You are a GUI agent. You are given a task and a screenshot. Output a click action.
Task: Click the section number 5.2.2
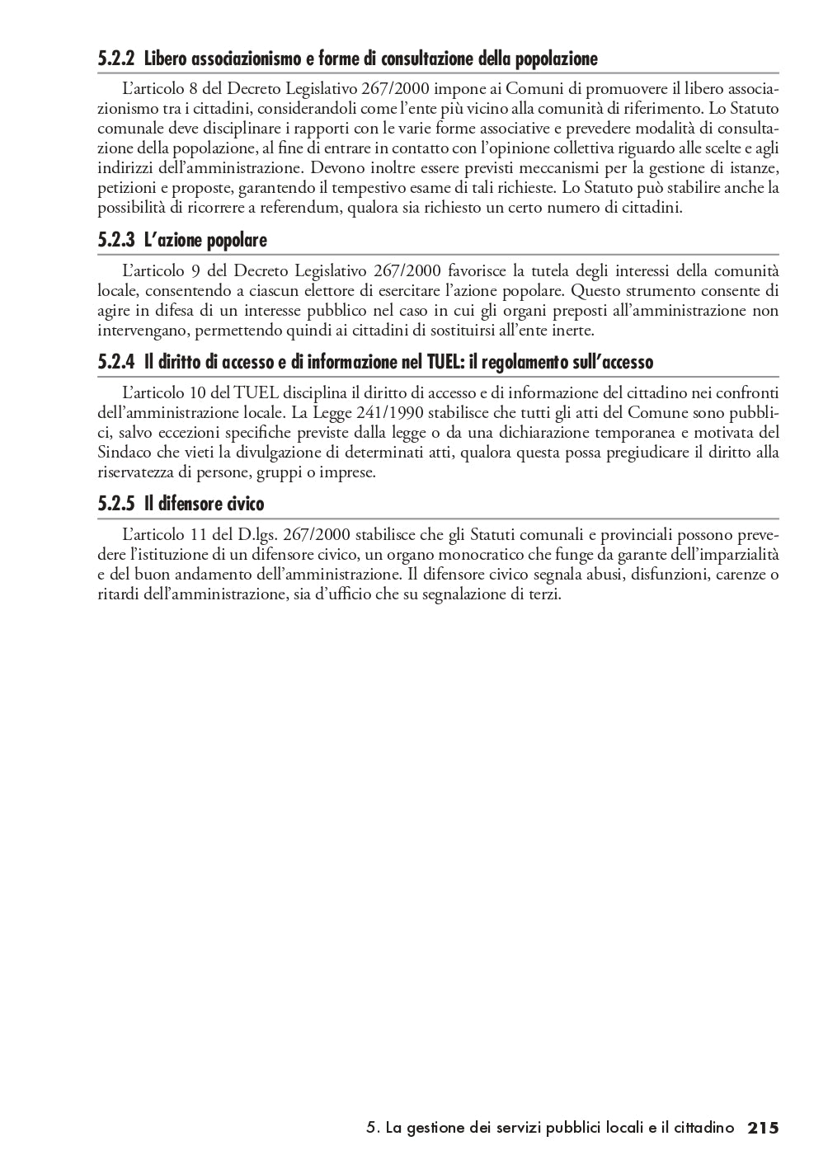click(115, 59)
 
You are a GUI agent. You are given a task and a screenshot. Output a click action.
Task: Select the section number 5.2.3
click(115, 241)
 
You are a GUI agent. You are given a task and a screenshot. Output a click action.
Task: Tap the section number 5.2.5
click(115, 504)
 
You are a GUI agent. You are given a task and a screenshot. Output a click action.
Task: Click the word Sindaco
click(122, 453)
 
